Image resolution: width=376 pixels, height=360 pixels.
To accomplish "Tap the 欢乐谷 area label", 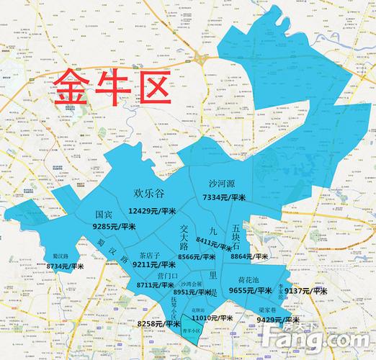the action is coord(151,193).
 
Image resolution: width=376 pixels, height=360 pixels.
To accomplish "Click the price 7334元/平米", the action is coord(224,197).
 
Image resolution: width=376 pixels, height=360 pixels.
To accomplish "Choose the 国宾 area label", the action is coord(104,214).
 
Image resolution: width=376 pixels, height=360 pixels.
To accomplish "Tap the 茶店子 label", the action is coord(150,255).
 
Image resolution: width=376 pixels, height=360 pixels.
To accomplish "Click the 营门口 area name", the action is coord(166,275).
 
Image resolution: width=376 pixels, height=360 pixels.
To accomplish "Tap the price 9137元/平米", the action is coord(307,291).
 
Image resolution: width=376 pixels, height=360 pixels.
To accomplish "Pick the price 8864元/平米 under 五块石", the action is coord(250,256).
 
